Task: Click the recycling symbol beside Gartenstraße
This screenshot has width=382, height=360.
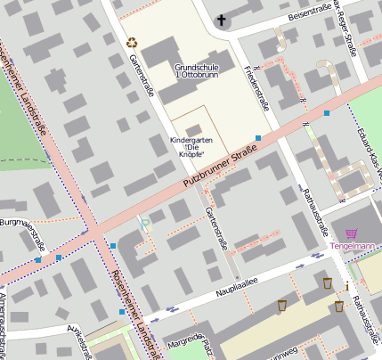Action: tap(133, 42)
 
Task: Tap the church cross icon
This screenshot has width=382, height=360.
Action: tap(222, 20)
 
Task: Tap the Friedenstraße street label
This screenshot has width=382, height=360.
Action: tap(257, 85)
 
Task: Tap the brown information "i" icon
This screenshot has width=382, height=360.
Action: tap(346, 286)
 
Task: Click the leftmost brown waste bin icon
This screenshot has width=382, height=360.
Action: tap(282, 306)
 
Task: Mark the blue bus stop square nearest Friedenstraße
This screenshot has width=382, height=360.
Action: tap(258, 138)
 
